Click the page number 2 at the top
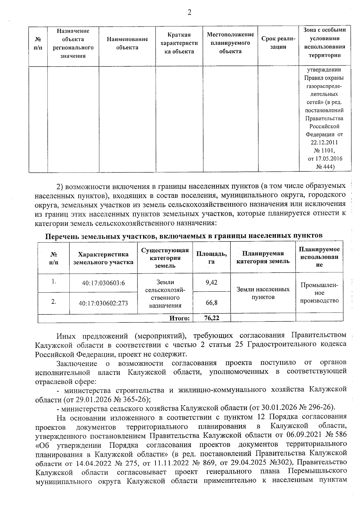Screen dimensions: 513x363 (189, 12)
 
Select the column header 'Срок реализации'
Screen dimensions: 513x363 (278, 43)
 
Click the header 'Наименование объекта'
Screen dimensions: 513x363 (127, 43)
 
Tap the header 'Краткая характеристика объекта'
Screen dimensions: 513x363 (179, 43)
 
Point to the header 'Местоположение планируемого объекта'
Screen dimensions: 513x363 (230, 43)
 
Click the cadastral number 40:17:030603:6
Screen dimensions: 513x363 (103, 283)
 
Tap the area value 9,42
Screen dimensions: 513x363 (211, 282)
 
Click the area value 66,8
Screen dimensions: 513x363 (211, 302)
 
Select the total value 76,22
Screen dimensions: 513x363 (211, 318)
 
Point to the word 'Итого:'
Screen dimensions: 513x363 (179, 318)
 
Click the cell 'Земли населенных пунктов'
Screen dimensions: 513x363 (263, 293)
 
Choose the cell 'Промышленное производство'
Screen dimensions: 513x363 (319, 293)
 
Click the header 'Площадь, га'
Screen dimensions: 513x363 (211, 258)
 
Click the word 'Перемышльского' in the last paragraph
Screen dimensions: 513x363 (317, 472)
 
